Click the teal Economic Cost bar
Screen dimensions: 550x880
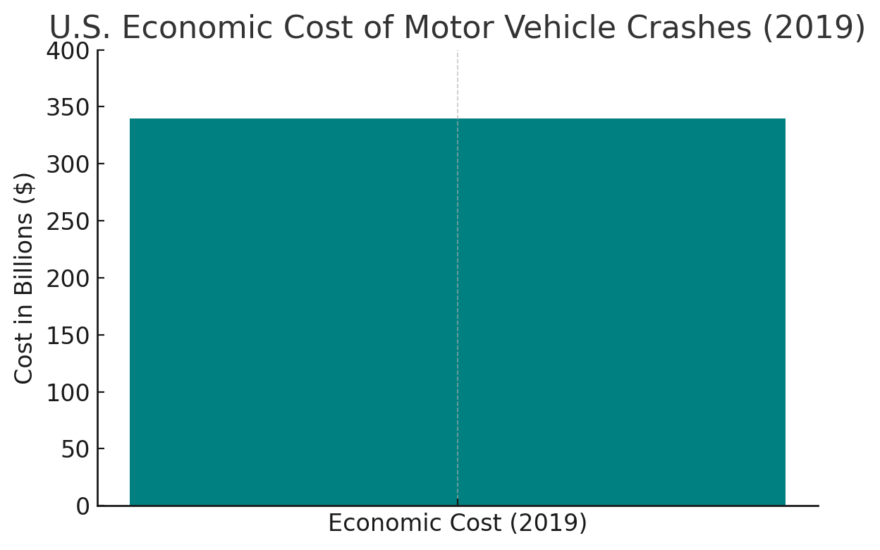point(457,312)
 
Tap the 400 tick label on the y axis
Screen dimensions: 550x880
point(68,51)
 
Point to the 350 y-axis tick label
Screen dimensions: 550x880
point(68,108)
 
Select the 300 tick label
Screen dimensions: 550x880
point(68,164)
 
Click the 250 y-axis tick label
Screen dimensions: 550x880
point(68,221)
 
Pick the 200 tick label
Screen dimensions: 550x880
point(68,279)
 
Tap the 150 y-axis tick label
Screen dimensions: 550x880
point(68,336)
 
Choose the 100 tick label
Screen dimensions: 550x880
point(68,392)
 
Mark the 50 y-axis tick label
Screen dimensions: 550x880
point(75,449)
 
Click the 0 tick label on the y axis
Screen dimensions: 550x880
point(82,506)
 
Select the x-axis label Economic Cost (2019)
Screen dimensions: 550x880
point(457,524)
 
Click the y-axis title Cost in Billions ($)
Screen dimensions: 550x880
point(24,278)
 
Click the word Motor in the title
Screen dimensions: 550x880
point(448,28)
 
